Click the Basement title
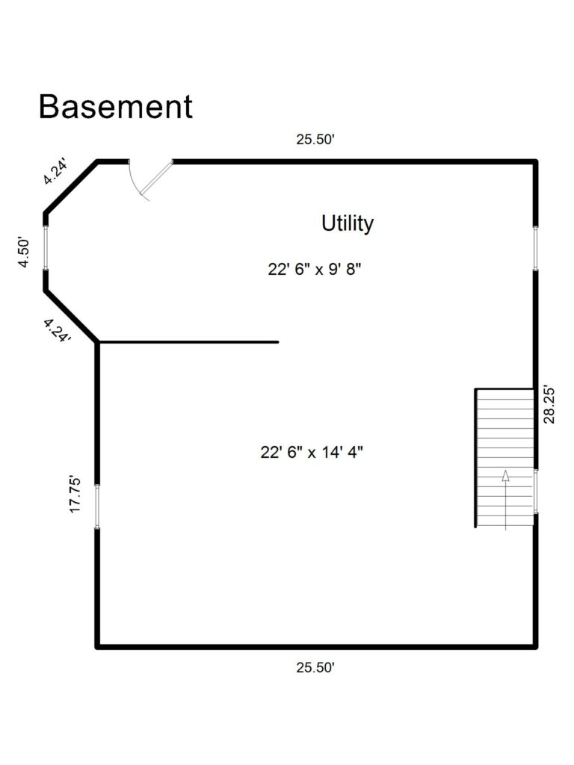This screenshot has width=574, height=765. point(115,107)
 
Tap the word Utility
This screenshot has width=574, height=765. point(348,223)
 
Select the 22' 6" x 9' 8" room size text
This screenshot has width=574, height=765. point(315,269)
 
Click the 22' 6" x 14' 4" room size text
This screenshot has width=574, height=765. point(312,452)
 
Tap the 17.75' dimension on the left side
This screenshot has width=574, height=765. point(75,494)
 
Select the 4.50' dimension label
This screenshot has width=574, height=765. point(24,253)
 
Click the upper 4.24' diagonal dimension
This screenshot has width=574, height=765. point(55,170)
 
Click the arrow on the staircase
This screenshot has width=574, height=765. point(506,477)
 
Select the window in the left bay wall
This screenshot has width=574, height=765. point(46,246)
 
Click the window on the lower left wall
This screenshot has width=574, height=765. point(96,507)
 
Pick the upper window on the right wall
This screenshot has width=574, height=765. point(535,247)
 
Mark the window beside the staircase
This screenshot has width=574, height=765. point(535,491)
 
